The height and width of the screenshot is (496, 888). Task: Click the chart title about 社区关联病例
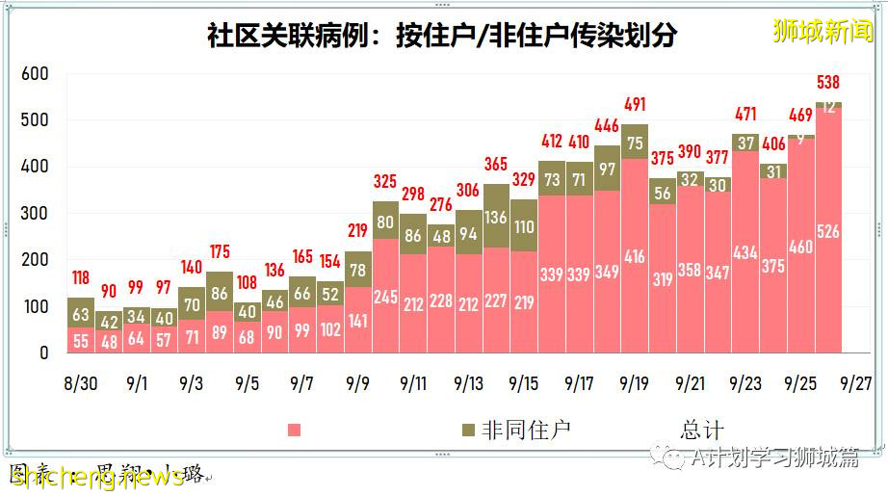click(x=442, y=36)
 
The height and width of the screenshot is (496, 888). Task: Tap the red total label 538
click(x=829, y=82)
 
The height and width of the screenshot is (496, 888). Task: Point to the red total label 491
click(x=635, y=105)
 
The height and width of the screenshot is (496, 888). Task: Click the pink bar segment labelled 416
click(x=635, y=256)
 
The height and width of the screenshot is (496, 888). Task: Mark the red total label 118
click(x=81, y=278)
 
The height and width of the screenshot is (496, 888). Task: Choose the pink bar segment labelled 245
click(x=385, y=296)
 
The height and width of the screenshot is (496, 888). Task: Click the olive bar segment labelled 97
click(x=607, y=169)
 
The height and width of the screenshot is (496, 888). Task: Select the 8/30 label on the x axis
click(x=81, y=383)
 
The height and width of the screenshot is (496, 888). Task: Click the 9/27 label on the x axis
click(x=856, y=383)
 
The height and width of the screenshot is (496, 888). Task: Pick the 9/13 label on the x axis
click(x=468, y=383)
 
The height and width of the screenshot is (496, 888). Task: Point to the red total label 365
click(x=496, y=164)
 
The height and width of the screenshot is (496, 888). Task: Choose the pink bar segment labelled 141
click(x=357, y=320)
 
